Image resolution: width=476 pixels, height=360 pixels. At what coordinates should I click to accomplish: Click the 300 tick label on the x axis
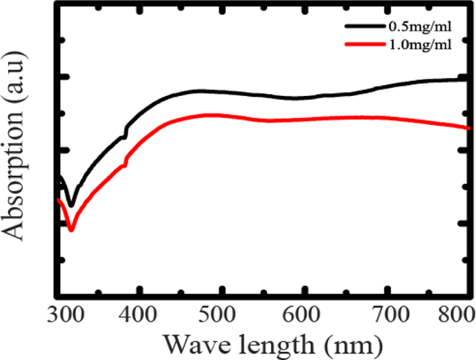(x=65, y=313)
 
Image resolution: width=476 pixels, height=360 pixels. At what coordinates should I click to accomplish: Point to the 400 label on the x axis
(x=138, y=313)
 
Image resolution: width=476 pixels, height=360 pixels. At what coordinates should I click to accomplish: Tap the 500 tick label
(x=217, y=313)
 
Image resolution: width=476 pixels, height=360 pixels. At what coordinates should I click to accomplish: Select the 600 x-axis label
(x=301, y=313)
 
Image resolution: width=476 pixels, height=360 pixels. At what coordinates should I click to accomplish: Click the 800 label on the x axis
(x=456, y=313)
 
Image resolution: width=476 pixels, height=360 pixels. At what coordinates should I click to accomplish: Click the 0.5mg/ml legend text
(x=420, y=27)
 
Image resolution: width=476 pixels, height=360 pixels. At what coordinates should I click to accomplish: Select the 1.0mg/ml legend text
(x=420, y=45)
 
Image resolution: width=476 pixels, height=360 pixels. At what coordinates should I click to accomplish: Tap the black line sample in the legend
(x=365, y=26)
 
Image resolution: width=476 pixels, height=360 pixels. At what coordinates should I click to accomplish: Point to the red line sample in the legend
(x=365, y=44)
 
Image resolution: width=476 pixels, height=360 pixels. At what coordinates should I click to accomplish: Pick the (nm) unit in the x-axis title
(x=352, y=345)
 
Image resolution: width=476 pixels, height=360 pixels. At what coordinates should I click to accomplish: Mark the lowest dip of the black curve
(x=71, y=205)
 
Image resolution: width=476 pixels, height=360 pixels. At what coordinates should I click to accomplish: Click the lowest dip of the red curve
(x=71, y=230)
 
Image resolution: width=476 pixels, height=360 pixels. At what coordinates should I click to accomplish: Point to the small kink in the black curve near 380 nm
(x=125, y=134)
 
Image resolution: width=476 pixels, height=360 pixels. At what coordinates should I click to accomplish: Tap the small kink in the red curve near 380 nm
(x=125, y=163)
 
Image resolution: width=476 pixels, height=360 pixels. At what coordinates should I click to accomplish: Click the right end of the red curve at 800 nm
(x=469, y=128)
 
